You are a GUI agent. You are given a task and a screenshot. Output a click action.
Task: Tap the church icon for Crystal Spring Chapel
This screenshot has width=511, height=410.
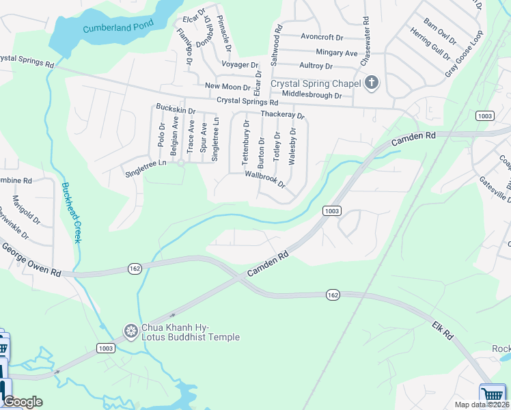point(372,83)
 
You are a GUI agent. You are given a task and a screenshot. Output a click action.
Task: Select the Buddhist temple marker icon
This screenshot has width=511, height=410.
point(130,332)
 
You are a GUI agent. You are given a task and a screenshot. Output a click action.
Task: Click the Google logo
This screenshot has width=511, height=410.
point(23,402)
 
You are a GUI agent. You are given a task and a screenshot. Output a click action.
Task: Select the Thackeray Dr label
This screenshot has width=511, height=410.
point(281,115)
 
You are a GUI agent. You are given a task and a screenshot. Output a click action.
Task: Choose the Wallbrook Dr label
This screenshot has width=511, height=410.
point(264,179)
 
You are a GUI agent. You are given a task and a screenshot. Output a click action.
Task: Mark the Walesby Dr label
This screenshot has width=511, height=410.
point(292,146)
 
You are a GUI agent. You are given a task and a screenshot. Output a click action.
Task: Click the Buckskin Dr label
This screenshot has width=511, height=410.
point(176,109)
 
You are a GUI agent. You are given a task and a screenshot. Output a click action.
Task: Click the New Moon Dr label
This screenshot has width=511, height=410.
point(228,86)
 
